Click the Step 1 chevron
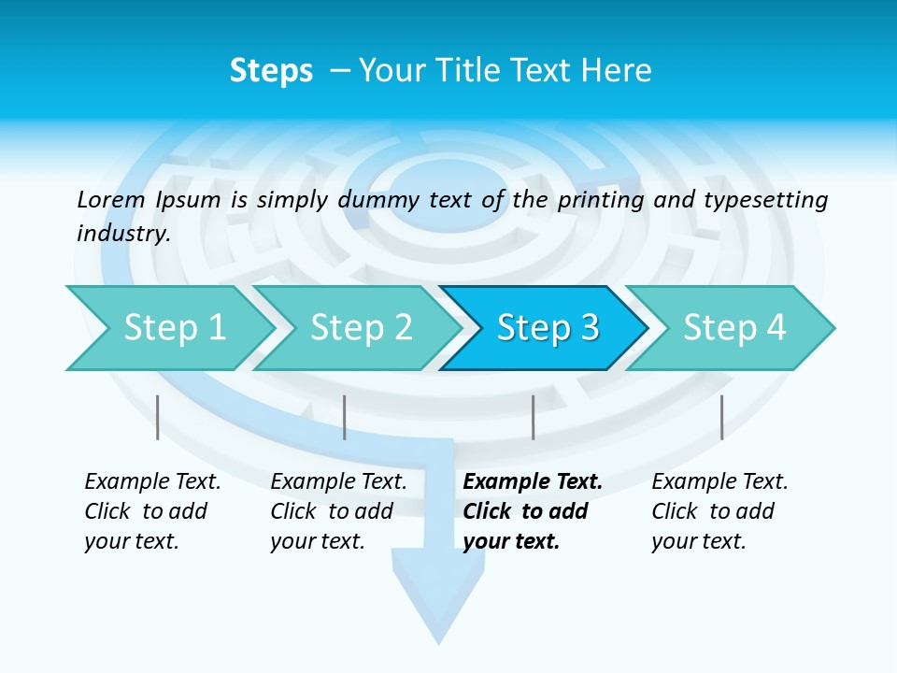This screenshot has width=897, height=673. pos(174,328)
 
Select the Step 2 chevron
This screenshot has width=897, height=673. pos(361,328)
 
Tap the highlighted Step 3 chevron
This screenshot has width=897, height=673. pos(548,328)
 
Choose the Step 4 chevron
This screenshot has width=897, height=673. pos(734,328)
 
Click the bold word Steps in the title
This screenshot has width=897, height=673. pos(271,71)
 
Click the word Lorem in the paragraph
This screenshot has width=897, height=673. pos(110,199)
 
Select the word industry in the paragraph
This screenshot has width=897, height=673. pos(122,234)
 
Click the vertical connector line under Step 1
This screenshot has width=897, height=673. pos(158,417)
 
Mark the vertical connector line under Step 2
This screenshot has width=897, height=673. pos(345,417)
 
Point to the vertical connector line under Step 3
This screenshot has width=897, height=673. pos(533,417)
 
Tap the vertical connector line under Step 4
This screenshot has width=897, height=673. pos(721,417)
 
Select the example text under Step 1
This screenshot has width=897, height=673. pos(151,511)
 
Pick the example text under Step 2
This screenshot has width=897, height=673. pos(337,511)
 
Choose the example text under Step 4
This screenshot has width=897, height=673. pos(719,511)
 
